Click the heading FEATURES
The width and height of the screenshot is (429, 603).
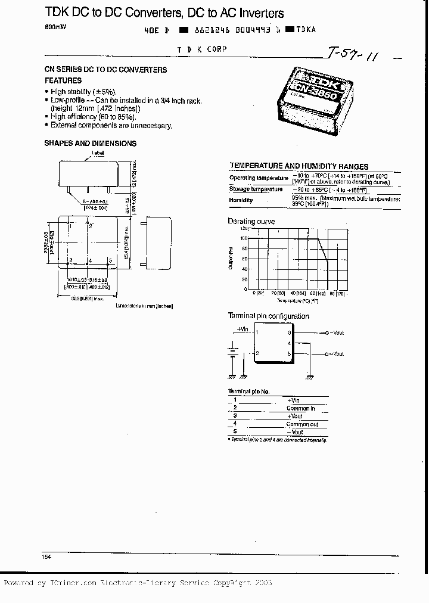coord(63,80)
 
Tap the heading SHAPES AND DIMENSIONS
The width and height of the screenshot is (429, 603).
coord(90,144)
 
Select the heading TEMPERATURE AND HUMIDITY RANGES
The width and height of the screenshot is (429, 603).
coord(299,166)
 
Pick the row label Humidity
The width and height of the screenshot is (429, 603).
coord(241,200)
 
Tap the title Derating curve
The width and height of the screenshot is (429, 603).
coord(251,222)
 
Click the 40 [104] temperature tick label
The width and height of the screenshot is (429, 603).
coord(297,293)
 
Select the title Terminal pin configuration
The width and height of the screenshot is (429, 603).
coord(269,316)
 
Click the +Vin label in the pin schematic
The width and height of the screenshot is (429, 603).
coord(242,328)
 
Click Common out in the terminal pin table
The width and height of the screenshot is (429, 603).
coord(303,424)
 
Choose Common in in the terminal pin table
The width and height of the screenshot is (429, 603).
coord(301,408)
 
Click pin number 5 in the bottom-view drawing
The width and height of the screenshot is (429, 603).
coord(110,260)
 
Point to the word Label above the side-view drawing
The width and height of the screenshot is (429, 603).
coord(98,153)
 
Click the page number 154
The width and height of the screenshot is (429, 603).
coord(46,556)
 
